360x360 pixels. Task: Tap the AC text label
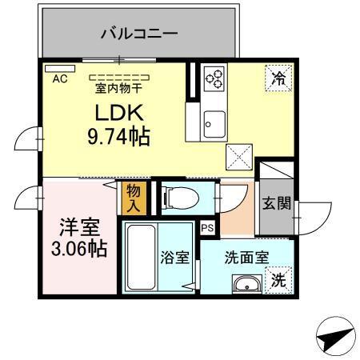tap(61, 79)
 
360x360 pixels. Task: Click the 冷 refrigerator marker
tap(278, 78)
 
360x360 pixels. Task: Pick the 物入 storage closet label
tap(133, 197)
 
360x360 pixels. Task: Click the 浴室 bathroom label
tap(175, 258)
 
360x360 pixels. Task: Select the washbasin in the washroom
tap(244, 284)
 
